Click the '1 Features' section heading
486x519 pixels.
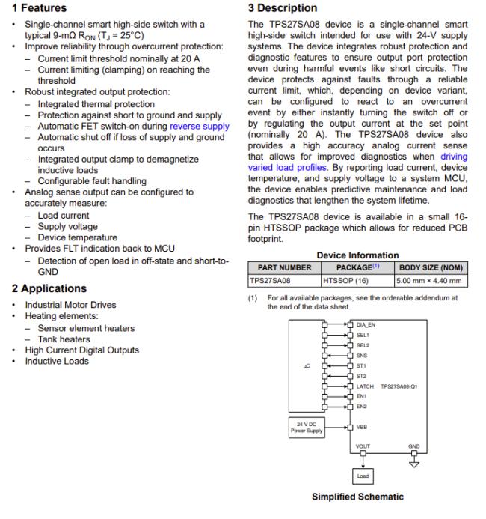coord(37,8)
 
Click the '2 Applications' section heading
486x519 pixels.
coord(47,288)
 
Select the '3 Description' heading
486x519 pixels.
coord(282,8)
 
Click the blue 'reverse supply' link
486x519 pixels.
coord(200,127)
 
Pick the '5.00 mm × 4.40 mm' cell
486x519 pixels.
coord(429,282)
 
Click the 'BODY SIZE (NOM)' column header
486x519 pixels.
coord(431,267)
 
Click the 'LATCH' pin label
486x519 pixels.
coord(366,386)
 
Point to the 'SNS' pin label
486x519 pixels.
coord(362,356)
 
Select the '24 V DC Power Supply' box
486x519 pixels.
coord(307,428)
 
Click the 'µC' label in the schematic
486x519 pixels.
coord(305,366)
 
